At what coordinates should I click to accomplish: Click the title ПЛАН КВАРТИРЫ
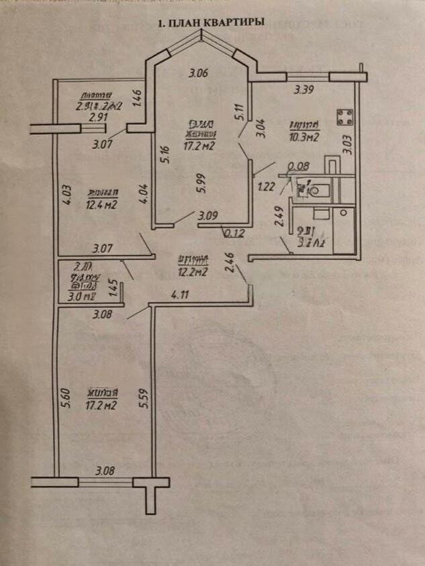211,23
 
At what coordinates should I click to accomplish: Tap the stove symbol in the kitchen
345,117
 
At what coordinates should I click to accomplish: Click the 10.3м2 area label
302,136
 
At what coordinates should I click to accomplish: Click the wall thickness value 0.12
233,234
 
